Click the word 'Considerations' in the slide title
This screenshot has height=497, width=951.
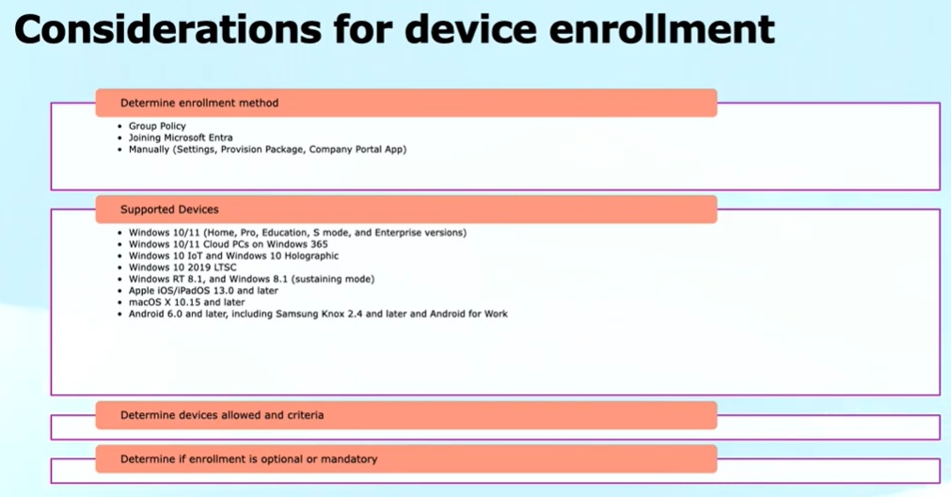click(x=167, y=28)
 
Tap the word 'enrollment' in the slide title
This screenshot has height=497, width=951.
click(x=661, y=28)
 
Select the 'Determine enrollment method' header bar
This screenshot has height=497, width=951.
click(x=405, y=103)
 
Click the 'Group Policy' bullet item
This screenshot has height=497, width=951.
click(x=157, y=126)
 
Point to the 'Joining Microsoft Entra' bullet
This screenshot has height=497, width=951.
click(x=181, y=137)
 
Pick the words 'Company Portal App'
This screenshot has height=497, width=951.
click(x=357, y=150)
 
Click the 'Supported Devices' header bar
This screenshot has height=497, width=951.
click(x=405, y=209)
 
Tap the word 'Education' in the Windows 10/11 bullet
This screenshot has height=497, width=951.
click(x=284, y=232)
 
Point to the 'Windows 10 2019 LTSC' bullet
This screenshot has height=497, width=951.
click(x=182, y=267)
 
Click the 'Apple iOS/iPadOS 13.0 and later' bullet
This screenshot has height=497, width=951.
click(x=203, y=291)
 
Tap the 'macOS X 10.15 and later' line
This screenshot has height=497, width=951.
click(x=187, y=302)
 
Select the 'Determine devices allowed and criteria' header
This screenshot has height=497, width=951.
click(x=405, y=415)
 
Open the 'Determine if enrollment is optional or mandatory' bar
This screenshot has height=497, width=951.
click(x=405, y=458)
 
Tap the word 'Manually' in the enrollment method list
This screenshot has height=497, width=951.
click(x=149, y=150)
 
